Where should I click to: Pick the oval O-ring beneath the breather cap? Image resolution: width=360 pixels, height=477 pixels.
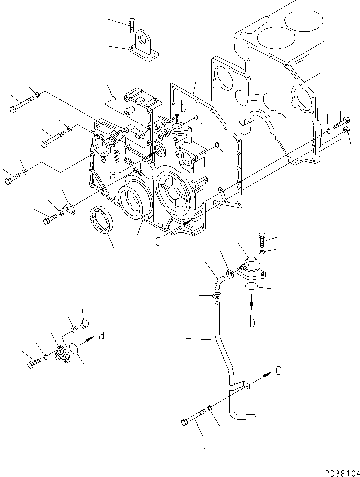click(252, 287)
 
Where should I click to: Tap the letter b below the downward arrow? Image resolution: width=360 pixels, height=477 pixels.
click(252, 321)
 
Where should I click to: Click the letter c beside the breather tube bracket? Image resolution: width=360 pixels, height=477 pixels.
click(279, 371)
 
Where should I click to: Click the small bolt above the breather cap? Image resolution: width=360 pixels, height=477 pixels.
click(261, 238)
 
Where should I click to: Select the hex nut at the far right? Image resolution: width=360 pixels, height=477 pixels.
click(346, 131)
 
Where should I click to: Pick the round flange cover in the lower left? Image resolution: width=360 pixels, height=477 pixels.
click(63, 353)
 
